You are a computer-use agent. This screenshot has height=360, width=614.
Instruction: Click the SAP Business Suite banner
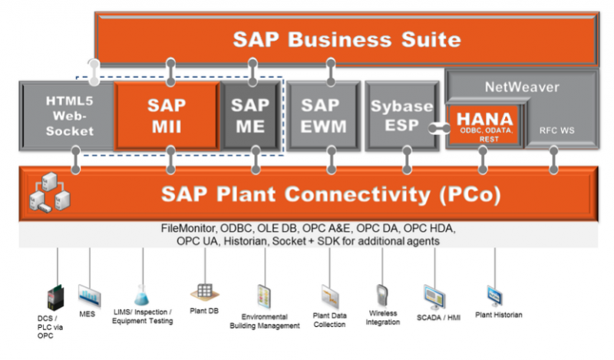click(x=346, y=38)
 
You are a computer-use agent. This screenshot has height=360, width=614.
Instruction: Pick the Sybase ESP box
click(x=401, y=115)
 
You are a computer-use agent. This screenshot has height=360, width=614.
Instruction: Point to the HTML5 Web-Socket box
click(x=69, y=115)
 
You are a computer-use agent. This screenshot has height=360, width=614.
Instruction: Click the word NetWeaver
click(x=522, y=88)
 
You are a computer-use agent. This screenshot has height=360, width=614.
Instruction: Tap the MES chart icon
click(x=89, y=294)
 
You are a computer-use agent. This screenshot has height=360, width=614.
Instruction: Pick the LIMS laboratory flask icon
click(x=141, y=294)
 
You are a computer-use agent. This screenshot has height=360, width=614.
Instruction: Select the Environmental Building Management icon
click(x=265, y=296)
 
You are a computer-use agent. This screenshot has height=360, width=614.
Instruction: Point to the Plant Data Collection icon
click(x=331, y=296)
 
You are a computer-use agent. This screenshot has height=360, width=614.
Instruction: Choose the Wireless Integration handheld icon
click(x=382, y=295)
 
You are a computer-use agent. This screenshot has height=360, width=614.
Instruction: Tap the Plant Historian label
click(x=498, y=315)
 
